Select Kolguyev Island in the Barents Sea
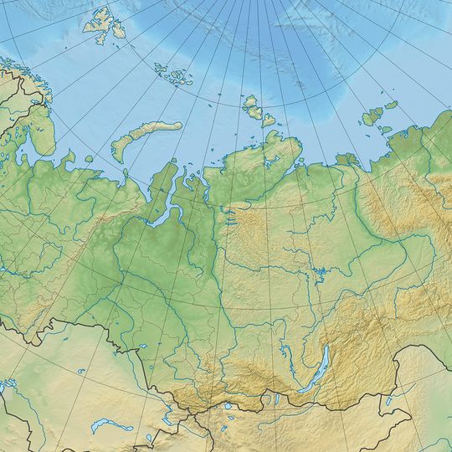coord(86,157)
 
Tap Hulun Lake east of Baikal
coord(388,402)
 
